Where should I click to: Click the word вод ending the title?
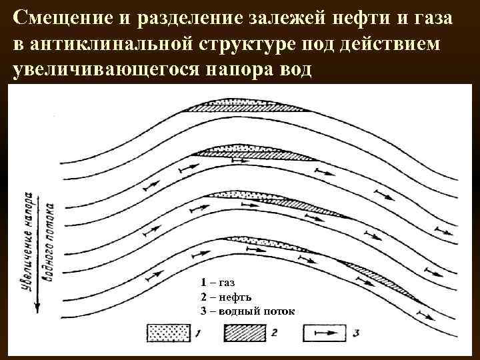(294, 69)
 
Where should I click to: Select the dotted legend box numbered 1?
(169, 331)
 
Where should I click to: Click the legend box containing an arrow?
(326, 331)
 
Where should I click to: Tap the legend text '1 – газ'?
(217, 283)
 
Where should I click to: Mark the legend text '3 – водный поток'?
(247, 311)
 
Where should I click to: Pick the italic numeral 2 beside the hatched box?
(276, 331)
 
